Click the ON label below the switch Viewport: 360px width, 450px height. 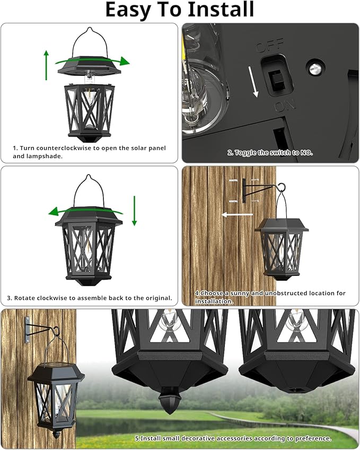(284, 106)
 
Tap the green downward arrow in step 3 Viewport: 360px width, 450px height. (135, 210)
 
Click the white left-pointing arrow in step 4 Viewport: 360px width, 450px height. (237, 215)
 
